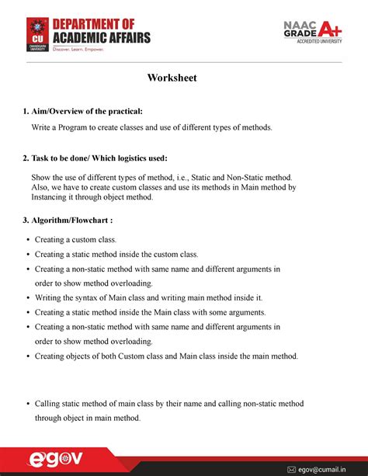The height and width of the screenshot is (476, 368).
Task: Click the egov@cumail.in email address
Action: pyautogui.click(x=326, y=469)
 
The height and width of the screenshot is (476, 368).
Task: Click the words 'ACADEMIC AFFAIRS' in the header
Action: pyautogui.click(x=101, y=36)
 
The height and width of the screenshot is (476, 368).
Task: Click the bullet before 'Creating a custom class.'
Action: pyautogui.click(x=28, y=241)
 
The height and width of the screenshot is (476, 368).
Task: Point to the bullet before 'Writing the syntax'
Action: pyautogui.click(x=28, y=298)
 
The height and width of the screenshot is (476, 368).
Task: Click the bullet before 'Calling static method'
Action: pyautogui.click(x=28, y=405)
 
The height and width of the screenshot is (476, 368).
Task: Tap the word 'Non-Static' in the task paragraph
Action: pyautogui.click(x=256, y=177)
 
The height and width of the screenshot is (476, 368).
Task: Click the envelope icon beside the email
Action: pyautogui.click(x=292, y=469)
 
